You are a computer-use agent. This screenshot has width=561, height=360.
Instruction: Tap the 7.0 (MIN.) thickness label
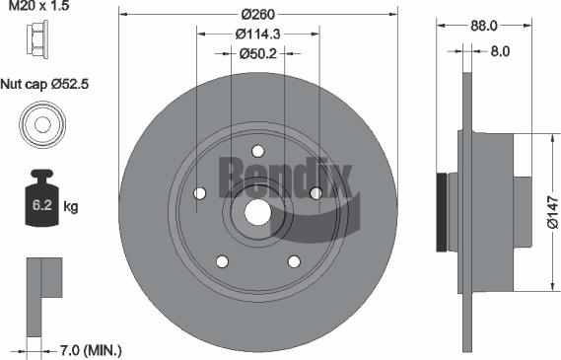[x=89, y=349]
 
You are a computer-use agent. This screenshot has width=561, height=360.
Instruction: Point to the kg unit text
[x=71, y=206]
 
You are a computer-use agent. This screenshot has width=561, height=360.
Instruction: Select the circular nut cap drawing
[x=40, y=126]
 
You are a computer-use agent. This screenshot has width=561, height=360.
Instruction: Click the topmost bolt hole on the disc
[x=257, y=151]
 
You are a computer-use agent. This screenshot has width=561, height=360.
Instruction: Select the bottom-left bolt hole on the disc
[x=222, y=260]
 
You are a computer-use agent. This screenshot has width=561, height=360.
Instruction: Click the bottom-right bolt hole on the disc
[x=293, y=260]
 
